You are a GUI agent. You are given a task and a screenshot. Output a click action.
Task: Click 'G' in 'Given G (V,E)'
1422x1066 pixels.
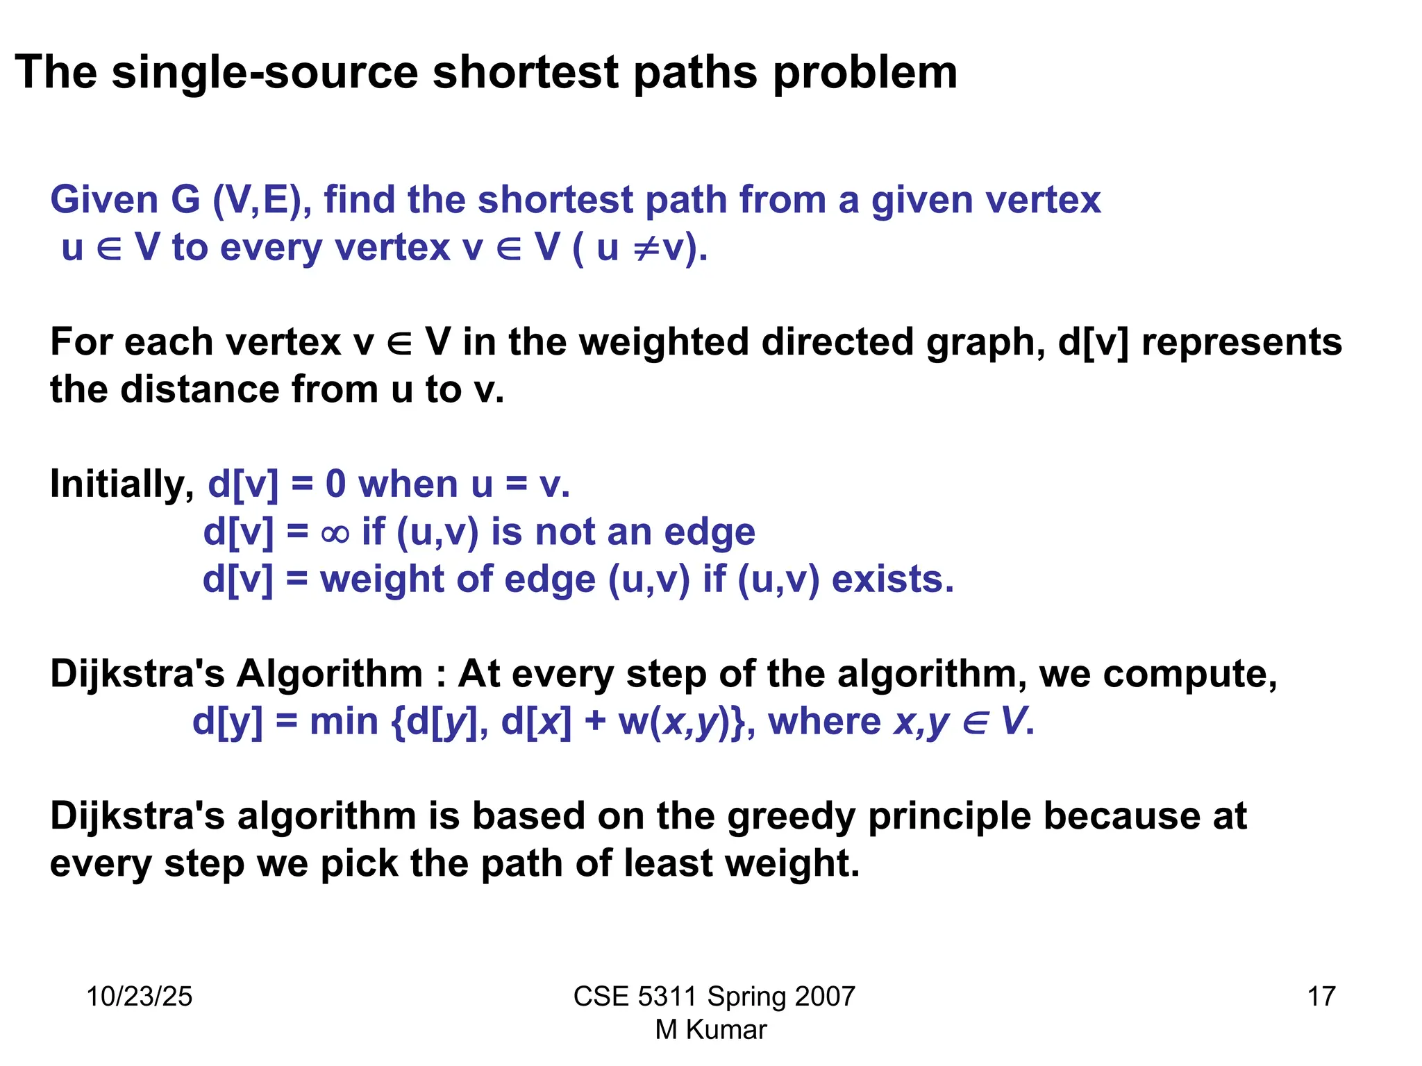click(185, 200)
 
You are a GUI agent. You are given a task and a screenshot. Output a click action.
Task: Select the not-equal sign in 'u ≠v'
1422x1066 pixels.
click(644, 248)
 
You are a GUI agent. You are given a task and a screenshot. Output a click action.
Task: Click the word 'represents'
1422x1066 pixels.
click(1241, 342)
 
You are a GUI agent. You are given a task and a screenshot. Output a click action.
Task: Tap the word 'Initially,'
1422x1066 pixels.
click(122, 484)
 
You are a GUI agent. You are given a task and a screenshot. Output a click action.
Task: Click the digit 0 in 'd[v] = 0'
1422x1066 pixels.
click(335, 484)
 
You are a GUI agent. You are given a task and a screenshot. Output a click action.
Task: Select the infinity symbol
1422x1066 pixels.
click(335, 533)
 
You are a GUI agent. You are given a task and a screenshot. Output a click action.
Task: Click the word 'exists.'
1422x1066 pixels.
click(893, 579)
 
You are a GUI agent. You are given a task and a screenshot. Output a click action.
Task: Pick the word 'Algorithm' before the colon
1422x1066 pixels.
click(330, 674)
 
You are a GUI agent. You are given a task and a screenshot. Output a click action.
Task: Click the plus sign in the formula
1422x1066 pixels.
click(595, 722)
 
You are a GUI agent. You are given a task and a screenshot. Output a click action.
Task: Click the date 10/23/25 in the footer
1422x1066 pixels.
click(139, 997)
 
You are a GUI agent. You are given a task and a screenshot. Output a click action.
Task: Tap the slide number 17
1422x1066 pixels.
click(1321, 997)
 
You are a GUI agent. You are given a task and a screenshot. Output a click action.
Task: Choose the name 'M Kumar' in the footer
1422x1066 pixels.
click(710, 1030)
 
